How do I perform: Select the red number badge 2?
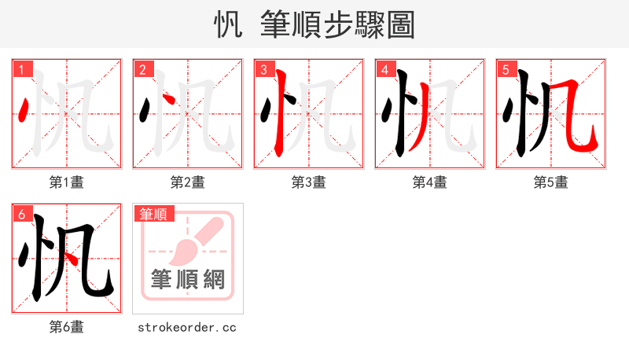143,70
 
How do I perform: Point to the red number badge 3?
264,70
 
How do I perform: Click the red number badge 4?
385,70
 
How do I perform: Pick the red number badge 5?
506,70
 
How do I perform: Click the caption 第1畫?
67,182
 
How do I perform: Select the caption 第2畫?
188,182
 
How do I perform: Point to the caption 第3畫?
309,182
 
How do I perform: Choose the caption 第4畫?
430,182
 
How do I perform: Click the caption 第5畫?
551,182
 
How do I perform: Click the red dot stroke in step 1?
24,112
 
